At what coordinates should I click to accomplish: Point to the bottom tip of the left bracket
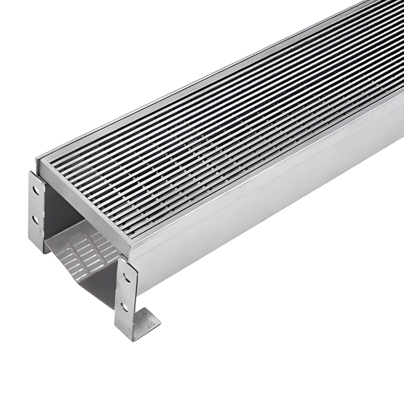click(x=43, y=247)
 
